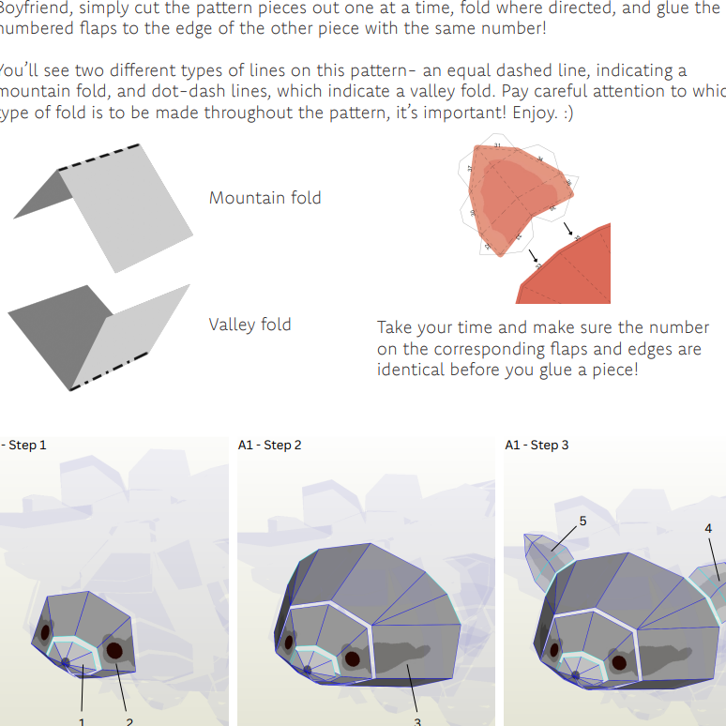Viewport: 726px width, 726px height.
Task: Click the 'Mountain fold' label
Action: (265, 198)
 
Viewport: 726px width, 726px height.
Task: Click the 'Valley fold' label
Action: (250, 325)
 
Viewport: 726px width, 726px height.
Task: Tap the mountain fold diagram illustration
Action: (103, 202)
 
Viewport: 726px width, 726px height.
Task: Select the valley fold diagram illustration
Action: (98, 333)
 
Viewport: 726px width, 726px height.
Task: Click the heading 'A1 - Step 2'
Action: (270, 445)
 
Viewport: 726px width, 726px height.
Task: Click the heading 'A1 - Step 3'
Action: (537, 445)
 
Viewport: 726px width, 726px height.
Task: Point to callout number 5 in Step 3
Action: (582, 520)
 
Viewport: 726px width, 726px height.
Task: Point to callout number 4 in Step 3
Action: (708, 528)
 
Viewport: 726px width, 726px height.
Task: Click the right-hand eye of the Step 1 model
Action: (114, 649)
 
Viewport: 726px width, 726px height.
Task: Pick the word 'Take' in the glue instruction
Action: (395, 328)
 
